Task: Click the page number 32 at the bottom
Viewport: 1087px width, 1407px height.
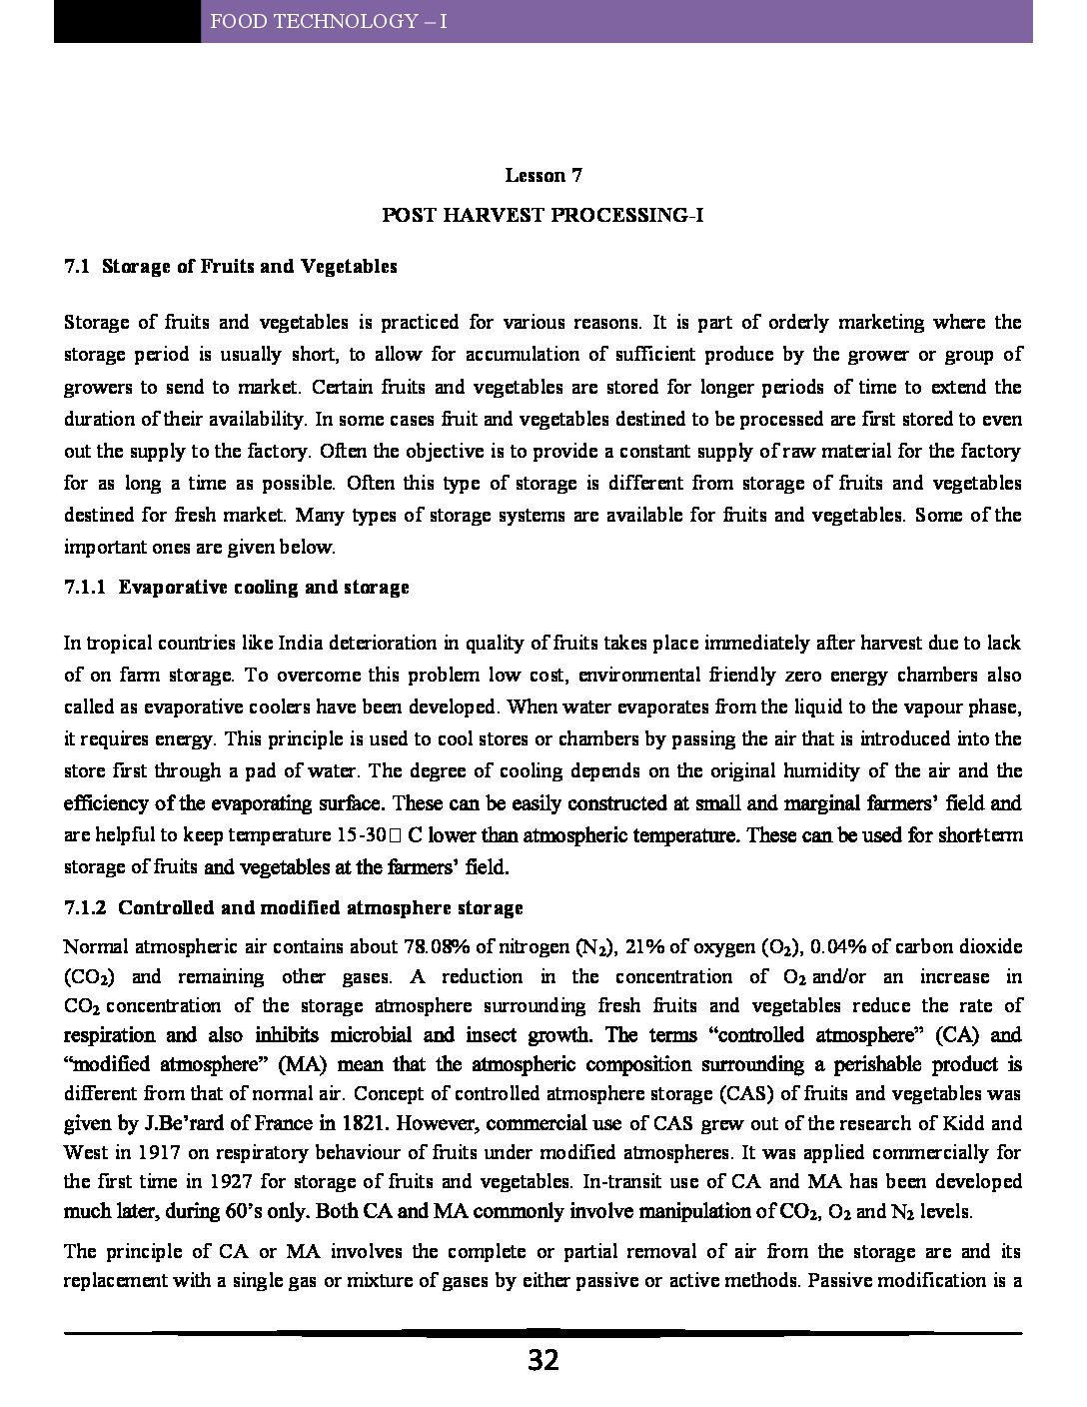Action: pyautogui.click(x=543, y=1360)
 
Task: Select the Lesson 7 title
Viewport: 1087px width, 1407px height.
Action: pyautogui.click(x=543, y=176)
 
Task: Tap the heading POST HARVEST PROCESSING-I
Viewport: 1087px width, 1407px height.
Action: pyautogui.click(x=543, y=215)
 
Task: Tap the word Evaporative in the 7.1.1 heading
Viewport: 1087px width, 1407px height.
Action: pyautogui.click(x=172, y=588)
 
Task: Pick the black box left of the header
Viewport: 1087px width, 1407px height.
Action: pyautogui.click(x=127, y=21)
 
